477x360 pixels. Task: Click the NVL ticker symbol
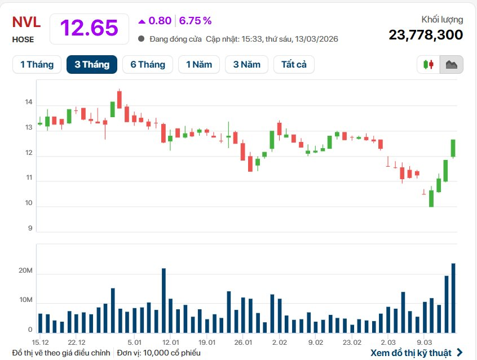tap(26, 23)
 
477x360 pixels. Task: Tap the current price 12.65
tap(89, 28)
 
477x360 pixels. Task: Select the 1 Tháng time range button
tap(37, 64)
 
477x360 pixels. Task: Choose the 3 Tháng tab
tap(91, 64)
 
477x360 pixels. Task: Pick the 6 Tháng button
tap(148, 64)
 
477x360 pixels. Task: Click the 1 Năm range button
tap(199, 64)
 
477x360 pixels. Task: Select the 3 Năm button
tap(247, 64)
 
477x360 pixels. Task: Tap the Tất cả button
tap(294, 64)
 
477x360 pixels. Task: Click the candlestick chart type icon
tap(428, 64)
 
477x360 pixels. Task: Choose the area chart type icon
tap(452, 64)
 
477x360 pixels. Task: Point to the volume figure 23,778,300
tap(426, 35)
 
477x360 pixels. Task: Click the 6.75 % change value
tap(195, 21)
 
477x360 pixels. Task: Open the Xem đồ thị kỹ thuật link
tap(417, 353)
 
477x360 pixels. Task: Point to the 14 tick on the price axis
tap(28, 103)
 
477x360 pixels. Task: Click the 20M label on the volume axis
tap(25, 272)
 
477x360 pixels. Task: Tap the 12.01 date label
tap(170, 342)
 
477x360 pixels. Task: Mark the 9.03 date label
tap(424, 342)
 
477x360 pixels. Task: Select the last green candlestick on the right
tap(453, 148)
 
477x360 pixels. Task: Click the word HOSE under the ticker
tap(23, 39)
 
